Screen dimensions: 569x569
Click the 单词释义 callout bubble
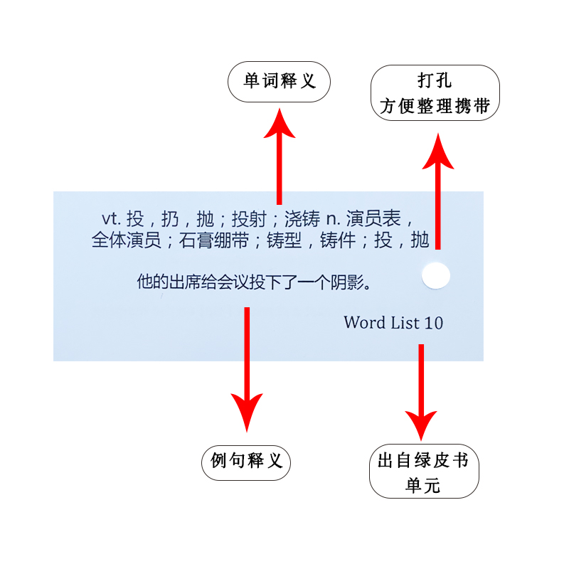[280, 82]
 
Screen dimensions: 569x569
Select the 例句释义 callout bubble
[247, 460]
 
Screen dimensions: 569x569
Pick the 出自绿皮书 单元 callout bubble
[424, 473]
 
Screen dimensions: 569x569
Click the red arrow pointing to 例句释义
[247, 370]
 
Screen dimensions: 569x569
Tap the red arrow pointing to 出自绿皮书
[421, 391]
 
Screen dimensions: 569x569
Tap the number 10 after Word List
[433, 323]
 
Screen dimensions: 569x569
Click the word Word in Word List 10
[365, 323]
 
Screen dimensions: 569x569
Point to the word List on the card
[404, 323]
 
